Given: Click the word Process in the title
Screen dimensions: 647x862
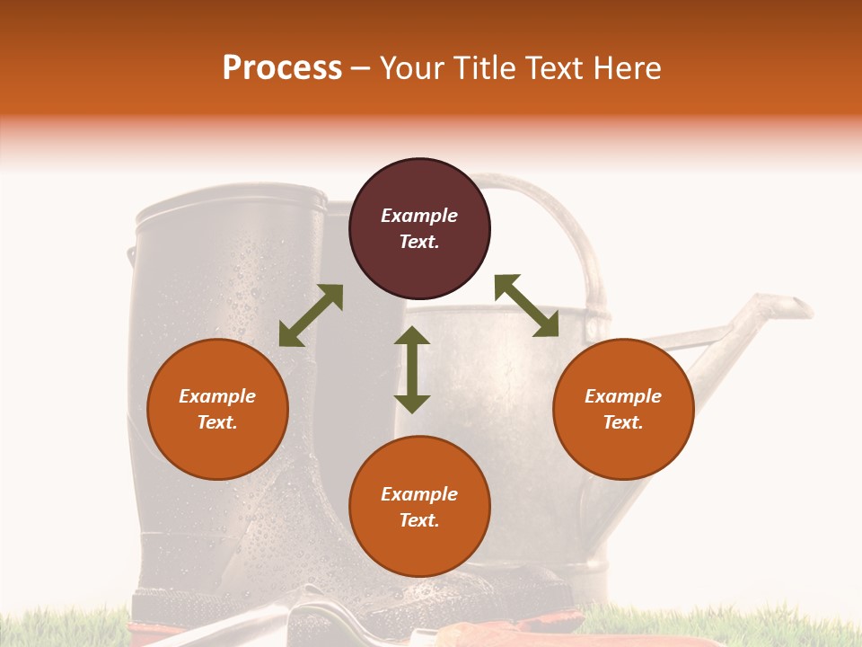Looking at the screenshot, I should (x=282, y=68).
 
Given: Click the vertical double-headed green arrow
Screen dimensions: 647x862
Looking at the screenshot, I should (x=412, y=370).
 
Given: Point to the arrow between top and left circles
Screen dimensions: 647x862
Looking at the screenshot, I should (x=311, y=315).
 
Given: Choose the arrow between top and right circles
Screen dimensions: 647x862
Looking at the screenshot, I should (x=526, y=306).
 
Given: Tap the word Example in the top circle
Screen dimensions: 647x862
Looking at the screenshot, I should (x=419, y=216).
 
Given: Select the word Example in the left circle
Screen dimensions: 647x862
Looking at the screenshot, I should (x=217, y=396).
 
